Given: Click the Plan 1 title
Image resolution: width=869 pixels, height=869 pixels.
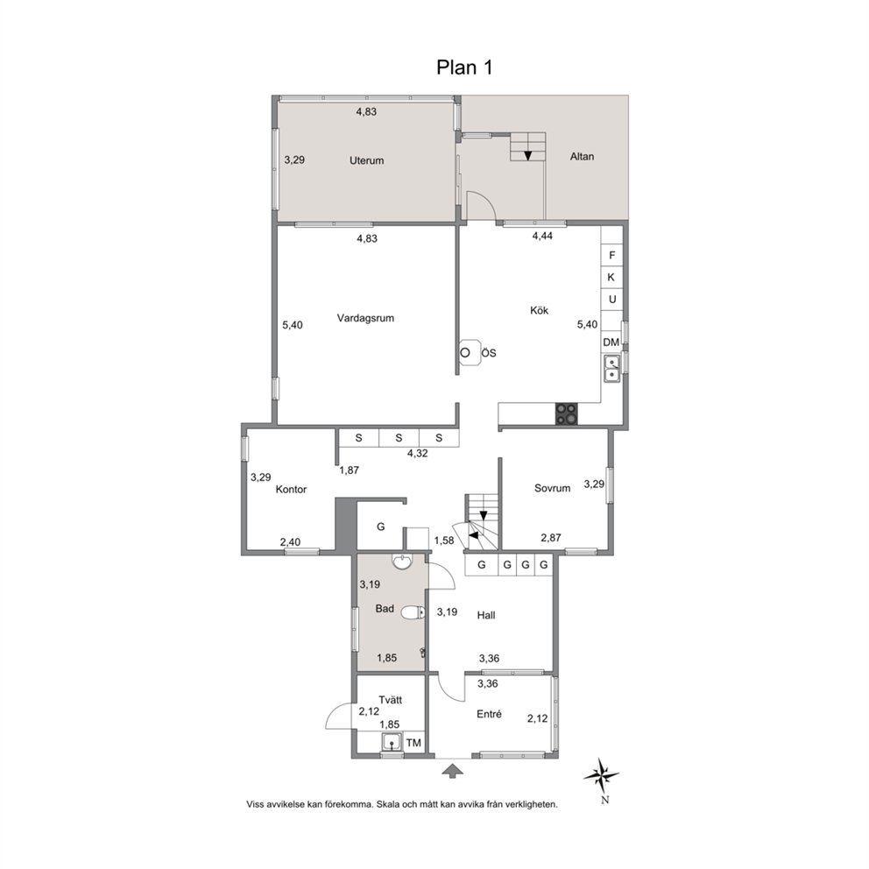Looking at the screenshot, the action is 464,67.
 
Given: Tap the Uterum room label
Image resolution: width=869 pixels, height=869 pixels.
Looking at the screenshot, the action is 366,160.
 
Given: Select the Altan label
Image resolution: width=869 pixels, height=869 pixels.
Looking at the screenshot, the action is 582,157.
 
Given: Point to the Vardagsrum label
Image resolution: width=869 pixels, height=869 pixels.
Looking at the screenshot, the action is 365,318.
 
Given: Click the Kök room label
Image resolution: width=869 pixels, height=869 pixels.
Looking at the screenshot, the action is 539,310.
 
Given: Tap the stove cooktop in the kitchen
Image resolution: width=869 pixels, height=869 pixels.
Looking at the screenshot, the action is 567,414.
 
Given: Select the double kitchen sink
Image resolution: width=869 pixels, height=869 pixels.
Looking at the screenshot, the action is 611,369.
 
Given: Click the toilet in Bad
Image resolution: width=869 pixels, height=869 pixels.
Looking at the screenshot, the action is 413,612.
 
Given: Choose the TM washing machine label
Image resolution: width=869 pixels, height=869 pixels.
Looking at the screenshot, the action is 413,743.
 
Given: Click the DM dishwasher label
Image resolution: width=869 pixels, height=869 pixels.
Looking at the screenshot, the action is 611,343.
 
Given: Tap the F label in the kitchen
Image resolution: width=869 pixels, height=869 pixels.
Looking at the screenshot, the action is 611,256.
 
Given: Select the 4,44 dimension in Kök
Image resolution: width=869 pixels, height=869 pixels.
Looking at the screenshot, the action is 542,237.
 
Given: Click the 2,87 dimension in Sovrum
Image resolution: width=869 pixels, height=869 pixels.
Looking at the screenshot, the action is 551,538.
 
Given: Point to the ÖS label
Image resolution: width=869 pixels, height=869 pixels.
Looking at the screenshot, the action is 488,353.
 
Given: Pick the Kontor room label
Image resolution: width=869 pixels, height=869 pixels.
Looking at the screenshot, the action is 291,490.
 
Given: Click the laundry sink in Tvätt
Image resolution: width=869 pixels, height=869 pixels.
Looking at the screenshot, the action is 392,741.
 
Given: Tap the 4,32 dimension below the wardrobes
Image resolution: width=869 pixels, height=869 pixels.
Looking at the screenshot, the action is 417,454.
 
